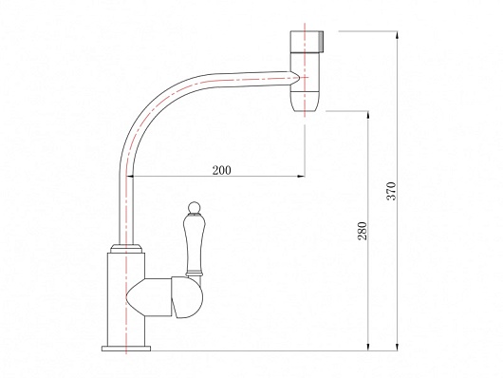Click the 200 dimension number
coord(221,170)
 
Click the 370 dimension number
coord(391,191)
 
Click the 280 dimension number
coord(363,231)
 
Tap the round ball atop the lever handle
coord(194,207)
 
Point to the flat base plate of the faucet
coord(126,349)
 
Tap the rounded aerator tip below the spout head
coord(305,102)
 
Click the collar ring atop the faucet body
coord(126,249)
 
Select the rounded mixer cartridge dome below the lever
coord(187,297)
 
